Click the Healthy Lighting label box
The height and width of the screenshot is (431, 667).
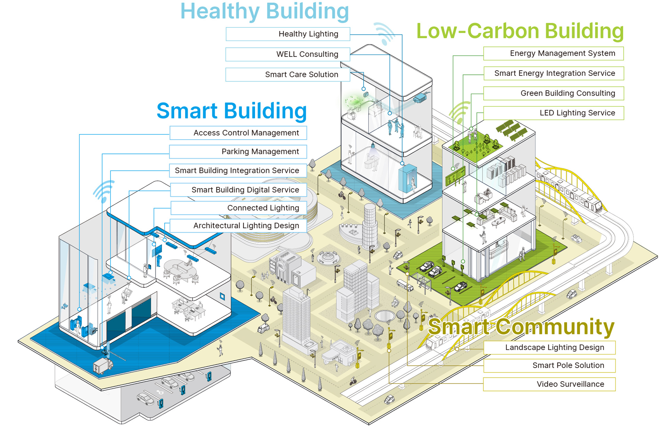click(288, 34)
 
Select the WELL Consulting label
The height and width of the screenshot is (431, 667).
click(288, 54)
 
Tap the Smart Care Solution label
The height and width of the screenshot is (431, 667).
click(288, 74)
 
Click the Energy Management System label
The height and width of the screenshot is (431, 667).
click(553, 54)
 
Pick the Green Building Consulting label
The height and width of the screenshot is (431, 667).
click(553, 93)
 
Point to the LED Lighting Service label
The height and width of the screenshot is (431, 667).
click(553, 113)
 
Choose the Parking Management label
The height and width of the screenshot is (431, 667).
click(238, 152)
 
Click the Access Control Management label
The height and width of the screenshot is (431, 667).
click(238, 133)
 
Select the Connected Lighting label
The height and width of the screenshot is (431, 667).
click(239, 208)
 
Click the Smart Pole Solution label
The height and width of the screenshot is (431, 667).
click(549, 365)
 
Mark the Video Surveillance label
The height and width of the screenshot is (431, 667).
click(549, 384)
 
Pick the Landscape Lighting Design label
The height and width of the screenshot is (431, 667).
click(549, 348)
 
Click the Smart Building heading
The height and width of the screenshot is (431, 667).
click(232, 111)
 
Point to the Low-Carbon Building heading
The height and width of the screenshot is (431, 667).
click(520, 31)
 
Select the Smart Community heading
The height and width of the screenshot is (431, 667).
click(521, 327)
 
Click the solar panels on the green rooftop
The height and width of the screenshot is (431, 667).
click(512, 130)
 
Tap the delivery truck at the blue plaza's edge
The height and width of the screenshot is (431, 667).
click(103, 366)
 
